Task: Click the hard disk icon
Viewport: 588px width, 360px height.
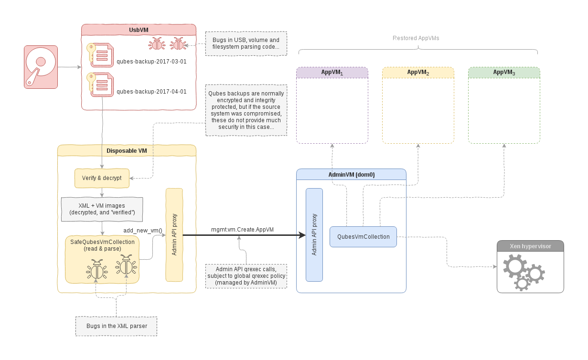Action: pyautogui.click(x=41, y=67)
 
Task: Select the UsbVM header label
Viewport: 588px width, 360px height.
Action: pyautogui.click(x=139, y=30)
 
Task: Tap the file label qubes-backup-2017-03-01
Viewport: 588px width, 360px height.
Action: pyautogui.click(x=151, y=62)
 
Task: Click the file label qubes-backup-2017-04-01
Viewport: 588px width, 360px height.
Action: pyautogui.click(x=151, y=92)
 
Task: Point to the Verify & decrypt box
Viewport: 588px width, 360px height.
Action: pyautogui.click(x=102, y=178)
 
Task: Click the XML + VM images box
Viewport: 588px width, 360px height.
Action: pyautogui.click(x=102, y=209)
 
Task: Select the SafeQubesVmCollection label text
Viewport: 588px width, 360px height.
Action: pyautogui.click(x=102, y=245)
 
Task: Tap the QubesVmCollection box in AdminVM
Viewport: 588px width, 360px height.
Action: pyautogui.click(x=363, y=237)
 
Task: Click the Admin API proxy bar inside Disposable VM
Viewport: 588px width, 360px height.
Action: pyautogui.click(x=174, y=234)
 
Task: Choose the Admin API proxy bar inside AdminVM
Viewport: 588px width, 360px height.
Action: pyautogui.click(x=314, y=234)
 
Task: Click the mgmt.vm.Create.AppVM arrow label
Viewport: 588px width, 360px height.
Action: pyautogui.click(x=242, y=229)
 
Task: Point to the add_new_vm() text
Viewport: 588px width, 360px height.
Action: pyautogui.click(x=143, y=230)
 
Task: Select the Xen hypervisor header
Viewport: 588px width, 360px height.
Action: pyautogui.click(x=530, y=246)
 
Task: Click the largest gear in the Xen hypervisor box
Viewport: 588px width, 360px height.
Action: pyautogui.click(x=515, y=265)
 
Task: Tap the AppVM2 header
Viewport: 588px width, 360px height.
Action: pyautogui.click(x=418, y=72)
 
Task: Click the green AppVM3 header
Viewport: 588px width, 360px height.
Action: pyautogui.click(x=504, y=72)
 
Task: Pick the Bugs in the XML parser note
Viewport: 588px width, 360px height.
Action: pyautogui.click(x=117, y=326)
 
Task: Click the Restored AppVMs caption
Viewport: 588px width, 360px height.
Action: pyautogui.click(x=416, y=38)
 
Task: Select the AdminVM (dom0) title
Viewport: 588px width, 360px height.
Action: pyautogui.click(x=351, y=175)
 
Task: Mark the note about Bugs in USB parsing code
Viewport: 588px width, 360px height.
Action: pyautogui.click(x=246, y=43)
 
